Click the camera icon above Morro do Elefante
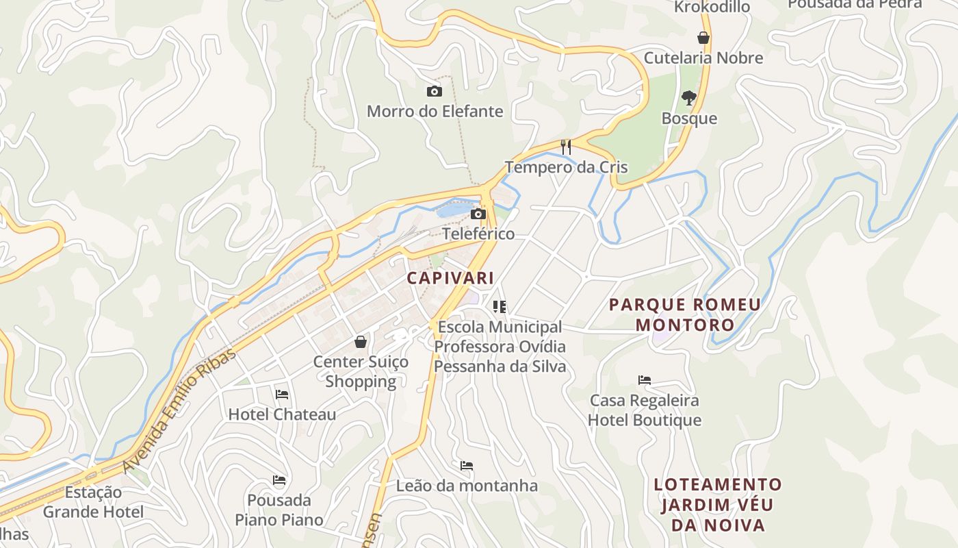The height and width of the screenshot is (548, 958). (x=434, y=91)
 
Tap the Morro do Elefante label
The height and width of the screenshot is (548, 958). (x=435, y=111)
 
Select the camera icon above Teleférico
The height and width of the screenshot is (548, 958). (x=478, y=214)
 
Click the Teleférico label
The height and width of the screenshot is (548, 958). (x=478, y=234)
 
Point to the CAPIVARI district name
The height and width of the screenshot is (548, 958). (x=450, y=278)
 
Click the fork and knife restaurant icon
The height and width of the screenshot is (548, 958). (x=565, y=147)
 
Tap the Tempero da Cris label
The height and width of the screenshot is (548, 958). (x=566, y=167)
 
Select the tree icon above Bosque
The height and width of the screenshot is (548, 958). (x=688, y=98)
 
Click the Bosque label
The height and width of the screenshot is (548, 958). (x=689, y=119)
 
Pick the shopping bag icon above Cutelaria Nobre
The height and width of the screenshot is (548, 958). (x=703, y=38)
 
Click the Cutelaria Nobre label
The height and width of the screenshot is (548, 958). (x=703, y=58)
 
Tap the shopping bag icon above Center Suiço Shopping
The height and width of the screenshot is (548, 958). (x=361, y=341)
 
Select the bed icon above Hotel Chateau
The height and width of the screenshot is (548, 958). (x=281, y=395)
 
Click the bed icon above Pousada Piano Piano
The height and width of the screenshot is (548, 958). (x=279, y=480)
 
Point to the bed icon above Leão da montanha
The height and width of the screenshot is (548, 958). (x=467, y=466)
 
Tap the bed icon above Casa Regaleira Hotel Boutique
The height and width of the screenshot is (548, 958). (x=644, y=380)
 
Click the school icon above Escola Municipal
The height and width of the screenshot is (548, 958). (x=500, y=306)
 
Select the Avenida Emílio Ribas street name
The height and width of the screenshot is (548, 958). (x=179, y=410)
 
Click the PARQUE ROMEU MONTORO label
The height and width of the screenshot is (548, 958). (x=684, y=314)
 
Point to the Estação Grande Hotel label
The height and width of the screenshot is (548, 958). (x=93, y=502)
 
